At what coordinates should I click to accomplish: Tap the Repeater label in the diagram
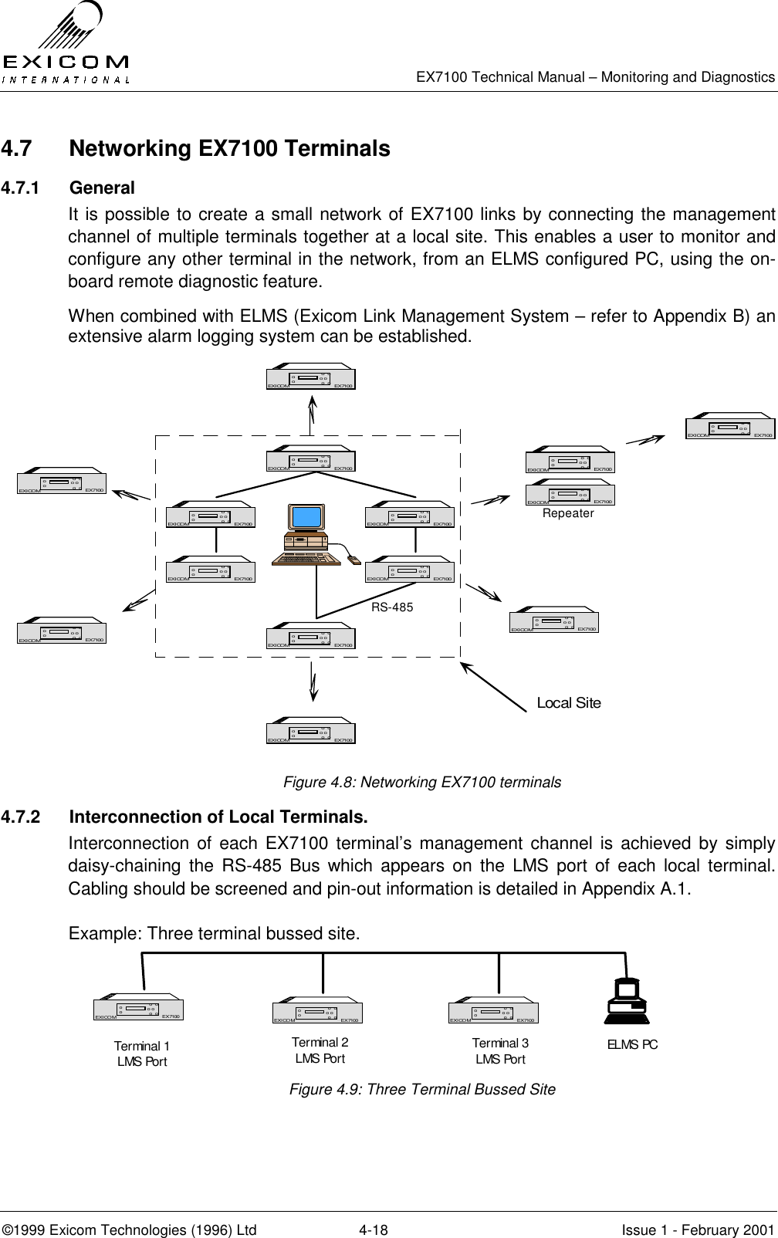[x=568, y=513]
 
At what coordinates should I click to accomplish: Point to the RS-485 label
[x=392, y=607]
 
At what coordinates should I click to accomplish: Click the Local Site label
[x=568, y=703]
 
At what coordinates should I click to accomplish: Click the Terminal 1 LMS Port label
[x=142, y=1054]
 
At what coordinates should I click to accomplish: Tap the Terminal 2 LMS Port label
[x=320, y=1050]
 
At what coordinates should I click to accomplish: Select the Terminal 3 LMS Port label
[x=500, y=1050]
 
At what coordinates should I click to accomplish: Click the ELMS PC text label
[x=632, y=1044]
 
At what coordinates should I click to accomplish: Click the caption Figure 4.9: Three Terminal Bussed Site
[x=422, y=1089]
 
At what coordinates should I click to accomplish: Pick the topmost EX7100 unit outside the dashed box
[x=311, y=377]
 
